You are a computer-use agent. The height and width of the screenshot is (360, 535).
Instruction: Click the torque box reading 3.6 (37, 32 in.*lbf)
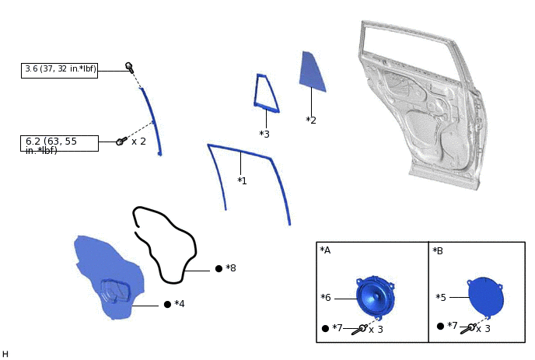click(59, 70)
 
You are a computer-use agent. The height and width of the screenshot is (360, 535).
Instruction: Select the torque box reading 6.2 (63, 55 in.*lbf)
click(59, 144)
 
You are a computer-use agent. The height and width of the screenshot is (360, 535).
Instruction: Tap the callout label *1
click(242, 181)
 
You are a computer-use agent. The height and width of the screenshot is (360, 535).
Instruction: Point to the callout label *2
click(311, 121)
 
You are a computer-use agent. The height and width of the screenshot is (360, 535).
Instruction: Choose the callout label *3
click(264, 135)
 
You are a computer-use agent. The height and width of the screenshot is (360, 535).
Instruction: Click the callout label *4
click(180, 304)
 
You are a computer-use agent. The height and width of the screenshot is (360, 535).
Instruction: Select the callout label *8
click(231, 268)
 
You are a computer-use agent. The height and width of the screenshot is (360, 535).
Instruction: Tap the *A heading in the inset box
click(325, 250)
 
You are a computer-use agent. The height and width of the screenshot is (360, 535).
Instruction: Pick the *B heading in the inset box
click(438, 250)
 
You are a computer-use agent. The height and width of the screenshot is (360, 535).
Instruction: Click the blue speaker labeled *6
click(376, 296)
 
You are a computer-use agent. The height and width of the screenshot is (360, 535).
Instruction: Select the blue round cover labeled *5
click(485, 296)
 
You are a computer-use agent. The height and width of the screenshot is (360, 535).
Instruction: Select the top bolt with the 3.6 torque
click(129, 67)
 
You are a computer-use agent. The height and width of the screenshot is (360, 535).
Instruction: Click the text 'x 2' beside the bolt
click(138, 142)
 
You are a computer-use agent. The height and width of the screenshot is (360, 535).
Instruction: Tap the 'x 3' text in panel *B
click(483, 329)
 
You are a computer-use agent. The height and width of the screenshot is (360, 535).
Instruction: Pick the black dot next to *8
click(219, 268)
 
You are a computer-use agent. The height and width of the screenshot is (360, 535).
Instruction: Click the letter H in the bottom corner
click(5, 355)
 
